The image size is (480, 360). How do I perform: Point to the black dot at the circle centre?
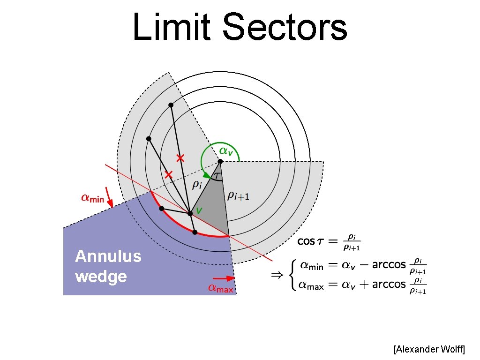[220, 161]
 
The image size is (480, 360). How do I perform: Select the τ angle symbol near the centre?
[217, 175]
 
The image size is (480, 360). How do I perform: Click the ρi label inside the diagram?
[197, 185]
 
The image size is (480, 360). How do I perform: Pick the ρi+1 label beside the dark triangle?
[238, 195]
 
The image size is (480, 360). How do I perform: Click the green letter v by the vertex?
[199, 211]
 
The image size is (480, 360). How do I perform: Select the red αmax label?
[220, 289]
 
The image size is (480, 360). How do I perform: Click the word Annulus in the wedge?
[108, 256]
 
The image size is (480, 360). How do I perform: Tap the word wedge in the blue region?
[100, 276]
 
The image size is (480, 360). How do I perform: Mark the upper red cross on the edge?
[180, 158]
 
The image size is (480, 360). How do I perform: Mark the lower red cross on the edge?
[169, 175]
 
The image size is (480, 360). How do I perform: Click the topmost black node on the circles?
[171, 105]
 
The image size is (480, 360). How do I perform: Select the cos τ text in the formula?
[310, 241]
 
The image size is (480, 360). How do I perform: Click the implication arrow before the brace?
[277, 276]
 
